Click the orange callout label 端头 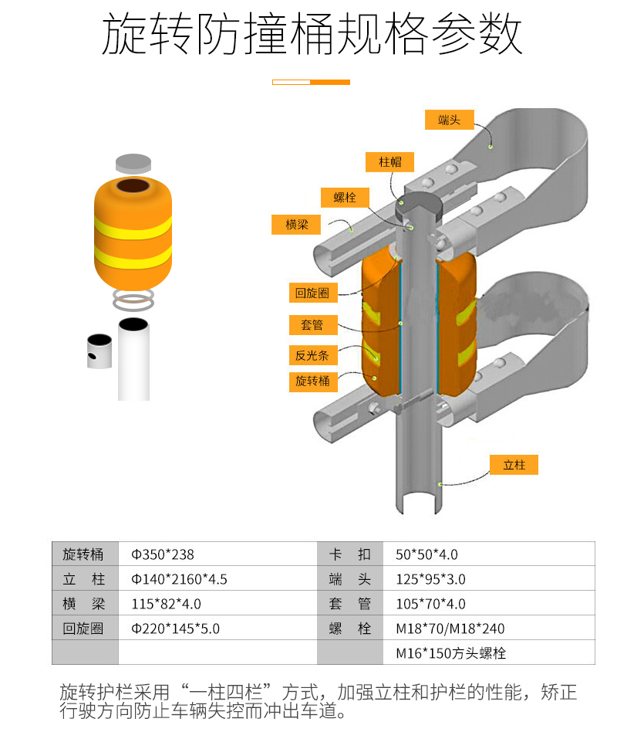(449, 120)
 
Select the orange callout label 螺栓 (345, 197)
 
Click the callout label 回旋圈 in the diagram (312, 293)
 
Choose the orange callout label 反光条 (312, 355)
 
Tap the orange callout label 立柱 (514, 465)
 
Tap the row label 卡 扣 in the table (350, 554)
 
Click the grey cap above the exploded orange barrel (133, 163)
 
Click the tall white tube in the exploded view (134, 359)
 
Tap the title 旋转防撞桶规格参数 (312, 36)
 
